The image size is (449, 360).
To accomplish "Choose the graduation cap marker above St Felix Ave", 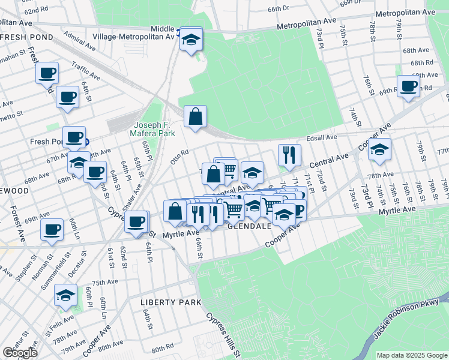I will click(x=65, y=295).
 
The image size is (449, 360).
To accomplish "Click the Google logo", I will click(x=20, y=352).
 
